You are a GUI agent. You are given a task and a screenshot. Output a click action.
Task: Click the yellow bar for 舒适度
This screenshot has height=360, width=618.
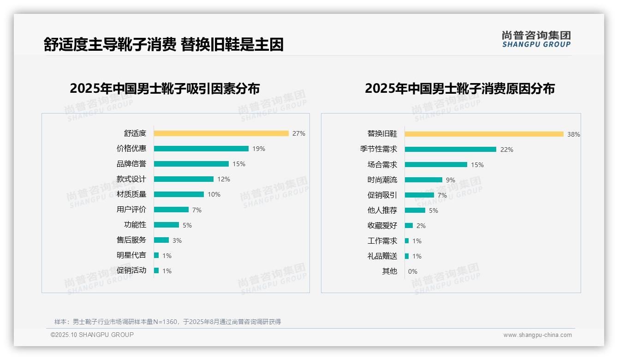point(221,133)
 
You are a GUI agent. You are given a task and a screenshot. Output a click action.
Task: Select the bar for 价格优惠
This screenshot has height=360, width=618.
point(201,149)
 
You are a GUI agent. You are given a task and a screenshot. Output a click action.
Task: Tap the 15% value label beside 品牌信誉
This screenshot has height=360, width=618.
point(239,164)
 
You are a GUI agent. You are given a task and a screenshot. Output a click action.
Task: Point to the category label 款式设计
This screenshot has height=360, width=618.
point(131,179)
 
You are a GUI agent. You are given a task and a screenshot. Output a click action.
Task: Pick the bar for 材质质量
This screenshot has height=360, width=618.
point(179,194)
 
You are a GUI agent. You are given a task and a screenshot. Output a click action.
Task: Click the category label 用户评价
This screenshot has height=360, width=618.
point(131,210)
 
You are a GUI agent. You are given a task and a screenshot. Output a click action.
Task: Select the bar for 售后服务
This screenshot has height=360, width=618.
point(161,240)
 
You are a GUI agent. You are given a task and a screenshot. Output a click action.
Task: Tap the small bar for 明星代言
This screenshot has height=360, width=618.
point(156,255)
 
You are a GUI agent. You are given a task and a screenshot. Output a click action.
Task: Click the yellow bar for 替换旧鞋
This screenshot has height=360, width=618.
point(484,134)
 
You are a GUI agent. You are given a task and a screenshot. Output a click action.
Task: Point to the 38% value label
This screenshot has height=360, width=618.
point(574,134)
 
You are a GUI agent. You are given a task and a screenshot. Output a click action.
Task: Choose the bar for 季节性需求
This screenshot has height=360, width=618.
point(450,149)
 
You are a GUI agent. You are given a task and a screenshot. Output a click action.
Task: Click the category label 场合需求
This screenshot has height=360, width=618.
point(382,164)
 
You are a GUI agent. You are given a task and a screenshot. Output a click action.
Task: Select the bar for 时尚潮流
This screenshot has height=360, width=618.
point(423,180)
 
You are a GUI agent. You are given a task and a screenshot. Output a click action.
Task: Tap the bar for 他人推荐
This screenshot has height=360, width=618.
point(415,210)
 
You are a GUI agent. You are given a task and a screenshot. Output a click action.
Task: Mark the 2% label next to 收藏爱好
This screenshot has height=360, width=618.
point(421,226)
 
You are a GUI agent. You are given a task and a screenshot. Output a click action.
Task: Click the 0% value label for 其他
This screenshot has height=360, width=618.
point(412,271)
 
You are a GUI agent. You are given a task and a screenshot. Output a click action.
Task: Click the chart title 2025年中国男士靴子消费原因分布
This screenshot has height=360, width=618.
point(459,89)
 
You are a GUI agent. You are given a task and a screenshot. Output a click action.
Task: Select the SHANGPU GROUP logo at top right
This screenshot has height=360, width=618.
point(536,39)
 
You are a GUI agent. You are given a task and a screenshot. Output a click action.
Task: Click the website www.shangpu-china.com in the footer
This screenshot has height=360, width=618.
point(537,335)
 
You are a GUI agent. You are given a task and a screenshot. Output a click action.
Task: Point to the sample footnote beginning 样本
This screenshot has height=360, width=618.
point(167,322)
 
